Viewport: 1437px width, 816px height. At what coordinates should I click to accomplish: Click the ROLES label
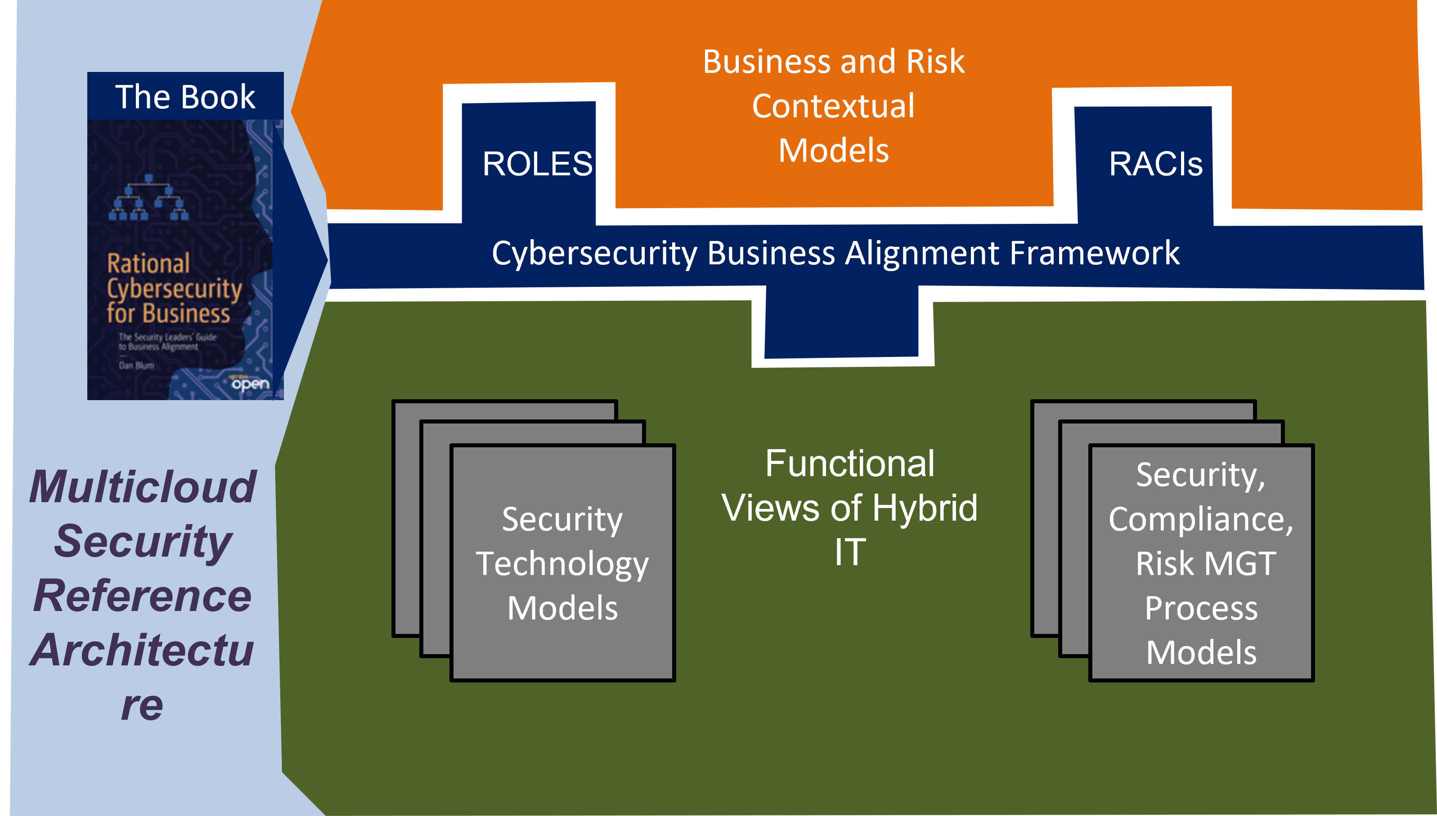(x=537, y=164)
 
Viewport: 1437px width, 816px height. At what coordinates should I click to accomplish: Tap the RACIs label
(x=1155, y=164)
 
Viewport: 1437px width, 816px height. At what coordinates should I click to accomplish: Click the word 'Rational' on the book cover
(x=148, y=263)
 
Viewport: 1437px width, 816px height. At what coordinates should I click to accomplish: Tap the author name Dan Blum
(x=136, y=366)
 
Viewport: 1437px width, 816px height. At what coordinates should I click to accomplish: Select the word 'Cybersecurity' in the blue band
(x=594, y=253)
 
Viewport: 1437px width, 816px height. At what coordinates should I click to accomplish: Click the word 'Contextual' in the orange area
(x=833, y=106)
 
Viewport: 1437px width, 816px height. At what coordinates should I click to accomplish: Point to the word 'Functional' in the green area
(x=849, y=464)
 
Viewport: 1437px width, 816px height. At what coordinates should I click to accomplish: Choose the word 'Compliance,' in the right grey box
(x=1200, y=519)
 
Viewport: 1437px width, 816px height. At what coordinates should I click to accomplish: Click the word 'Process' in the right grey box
(x=1201, y=608)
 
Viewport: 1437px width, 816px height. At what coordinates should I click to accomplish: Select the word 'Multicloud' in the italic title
(x=143, y=486)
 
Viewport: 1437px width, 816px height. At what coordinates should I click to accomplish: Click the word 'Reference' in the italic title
(x=143, y=595)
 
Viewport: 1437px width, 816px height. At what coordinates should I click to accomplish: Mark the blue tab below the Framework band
(x=841, y=325)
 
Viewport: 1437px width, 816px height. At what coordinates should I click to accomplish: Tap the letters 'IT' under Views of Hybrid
(x=850, y=552)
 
